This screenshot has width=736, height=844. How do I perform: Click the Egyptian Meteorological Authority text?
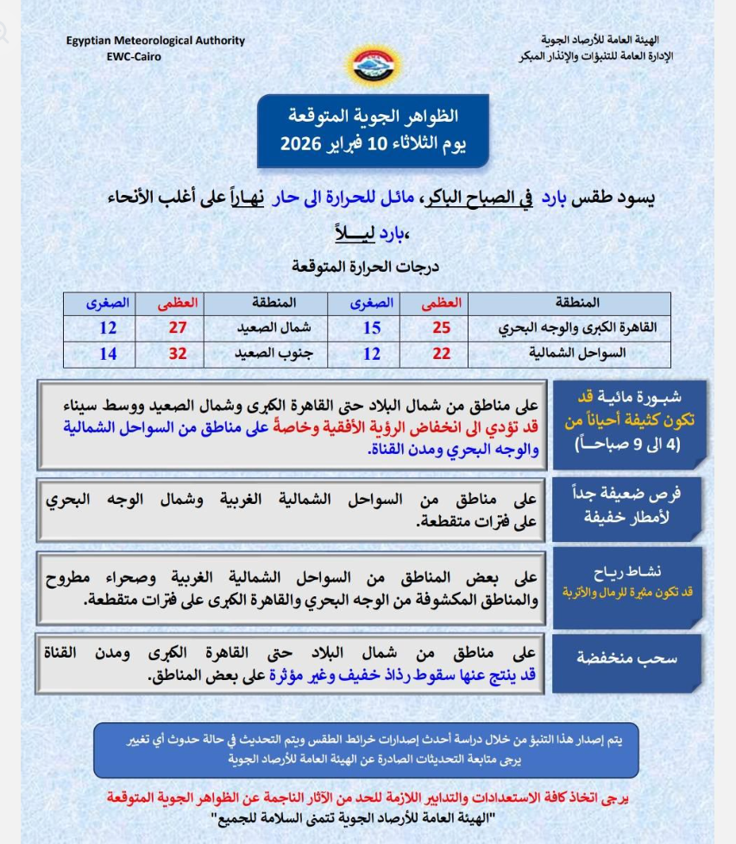(x=155, y=41)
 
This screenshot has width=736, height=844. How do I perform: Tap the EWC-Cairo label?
(x=134, y=56)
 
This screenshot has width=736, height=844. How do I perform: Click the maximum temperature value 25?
(x=441, y=328)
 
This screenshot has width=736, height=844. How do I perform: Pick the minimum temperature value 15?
(x=372, y=328)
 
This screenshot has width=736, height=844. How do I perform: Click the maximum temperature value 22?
(x=441, y=354)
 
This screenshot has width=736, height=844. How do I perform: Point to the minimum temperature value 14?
(x=107, y=354)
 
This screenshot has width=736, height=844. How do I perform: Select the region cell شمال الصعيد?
(x=267, y=328)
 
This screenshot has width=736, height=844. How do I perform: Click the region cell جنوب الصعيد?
(x=267, y=354)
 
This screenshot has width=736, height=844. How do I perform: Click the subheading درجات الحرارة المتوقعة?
(x=366, y=266)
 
